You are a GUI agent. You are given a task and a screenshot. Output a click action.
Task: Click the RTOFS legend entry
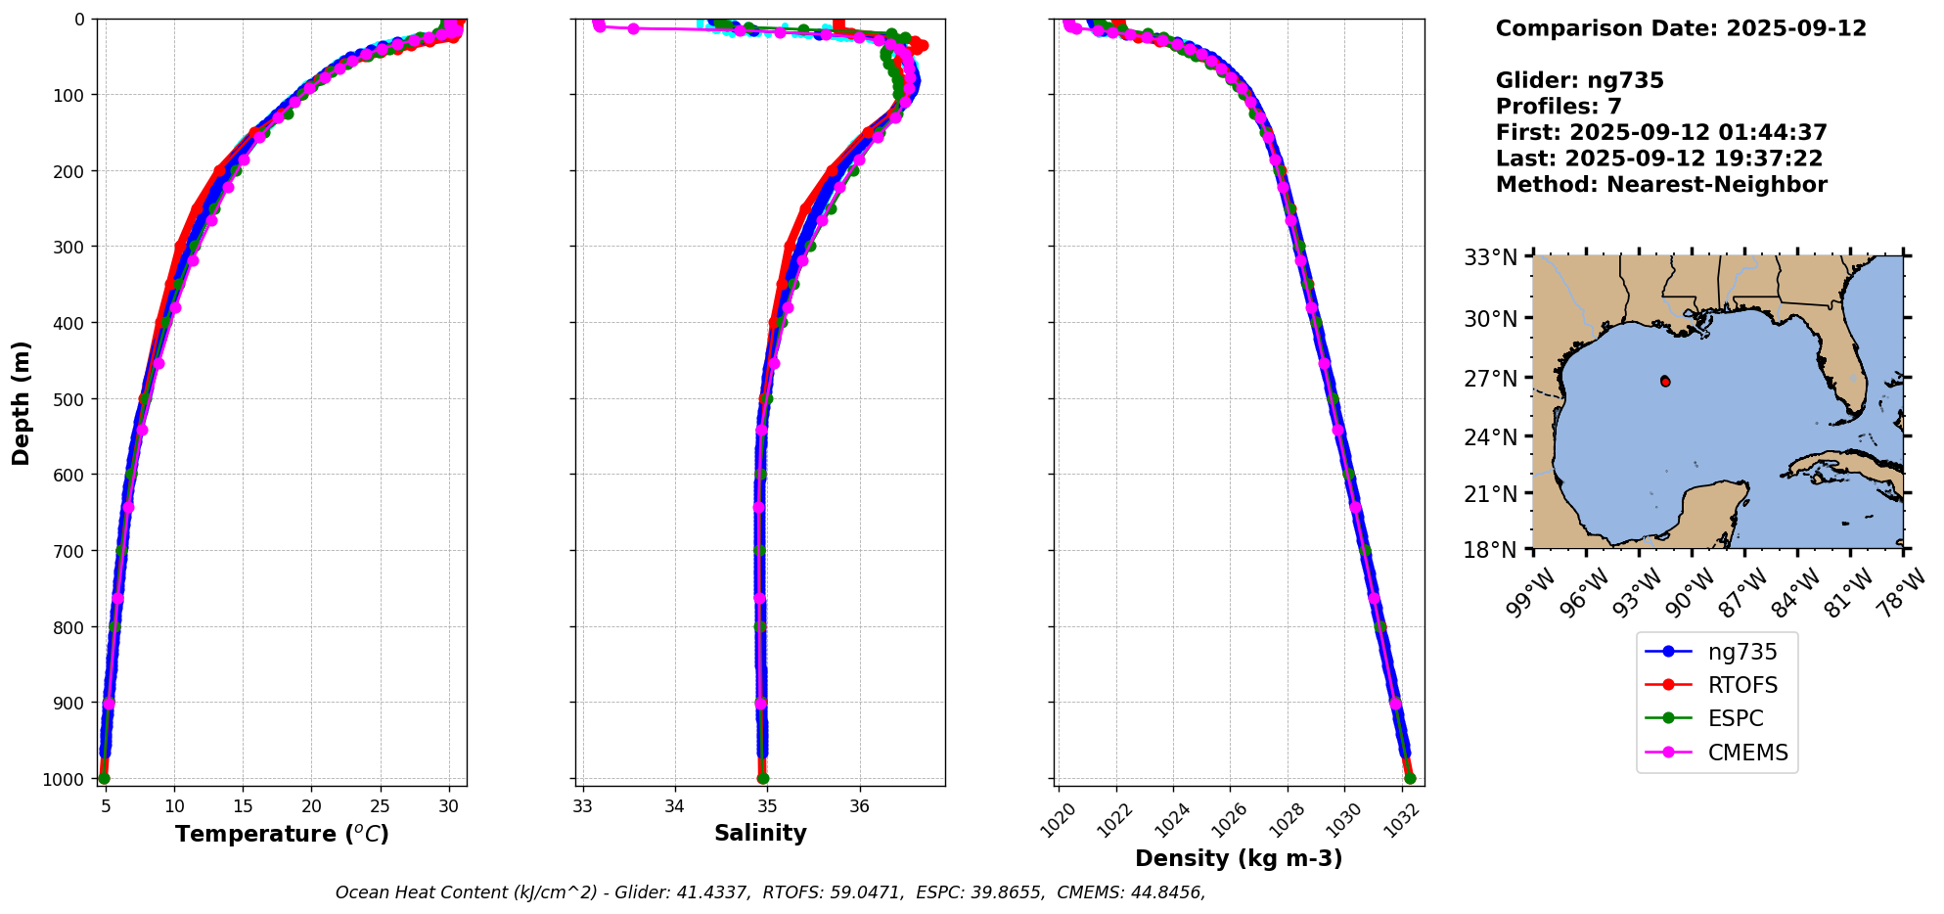pos(1742,685)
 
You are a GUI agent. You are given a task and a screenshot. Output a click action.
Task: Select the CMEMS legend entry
pos(1747,753)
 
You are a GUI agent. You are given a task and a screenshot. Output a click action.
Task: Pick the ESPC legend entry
pos(1736,718)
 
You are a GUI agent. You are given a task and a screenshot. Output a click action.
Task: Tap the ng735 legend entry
pos(1742,652)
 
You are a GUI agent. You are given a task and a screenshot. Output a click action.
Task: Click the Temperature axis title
pos(282,834)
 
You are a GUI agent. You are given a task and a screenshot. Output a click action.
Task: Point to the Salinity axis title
pos(760,834)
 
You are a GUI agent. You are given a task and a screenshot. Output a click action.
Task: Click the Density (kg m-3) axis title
pos(1239,858)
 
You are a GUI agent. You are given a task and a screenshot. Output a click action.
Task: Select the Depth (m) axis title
pos(22,402)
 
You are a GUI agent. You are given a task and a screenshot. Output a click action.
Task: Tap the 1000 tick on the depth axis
pos(68,779)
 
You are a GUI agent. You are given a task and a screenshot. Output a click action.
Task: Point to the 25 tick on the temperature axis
pos(381,806)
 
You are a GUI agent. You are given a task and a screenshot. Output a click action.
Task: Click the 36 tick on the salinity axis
pos(860,806)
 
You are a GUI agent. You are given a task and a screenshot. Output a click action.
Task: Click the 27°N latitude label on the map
pos(1490,378)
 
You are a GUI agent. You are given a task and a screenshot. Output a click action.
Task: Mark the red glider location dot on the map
pos(1665,382)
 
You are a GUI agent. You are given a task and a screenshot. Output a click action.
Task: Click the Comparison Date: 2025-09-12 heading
pos(1681,28)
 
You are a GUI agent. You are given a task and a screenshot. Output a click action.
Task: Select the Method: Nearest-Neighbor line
pos(1661,185)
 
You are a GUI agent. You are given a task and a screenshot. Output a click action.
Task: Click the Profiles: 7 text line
pos(1559,107)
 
